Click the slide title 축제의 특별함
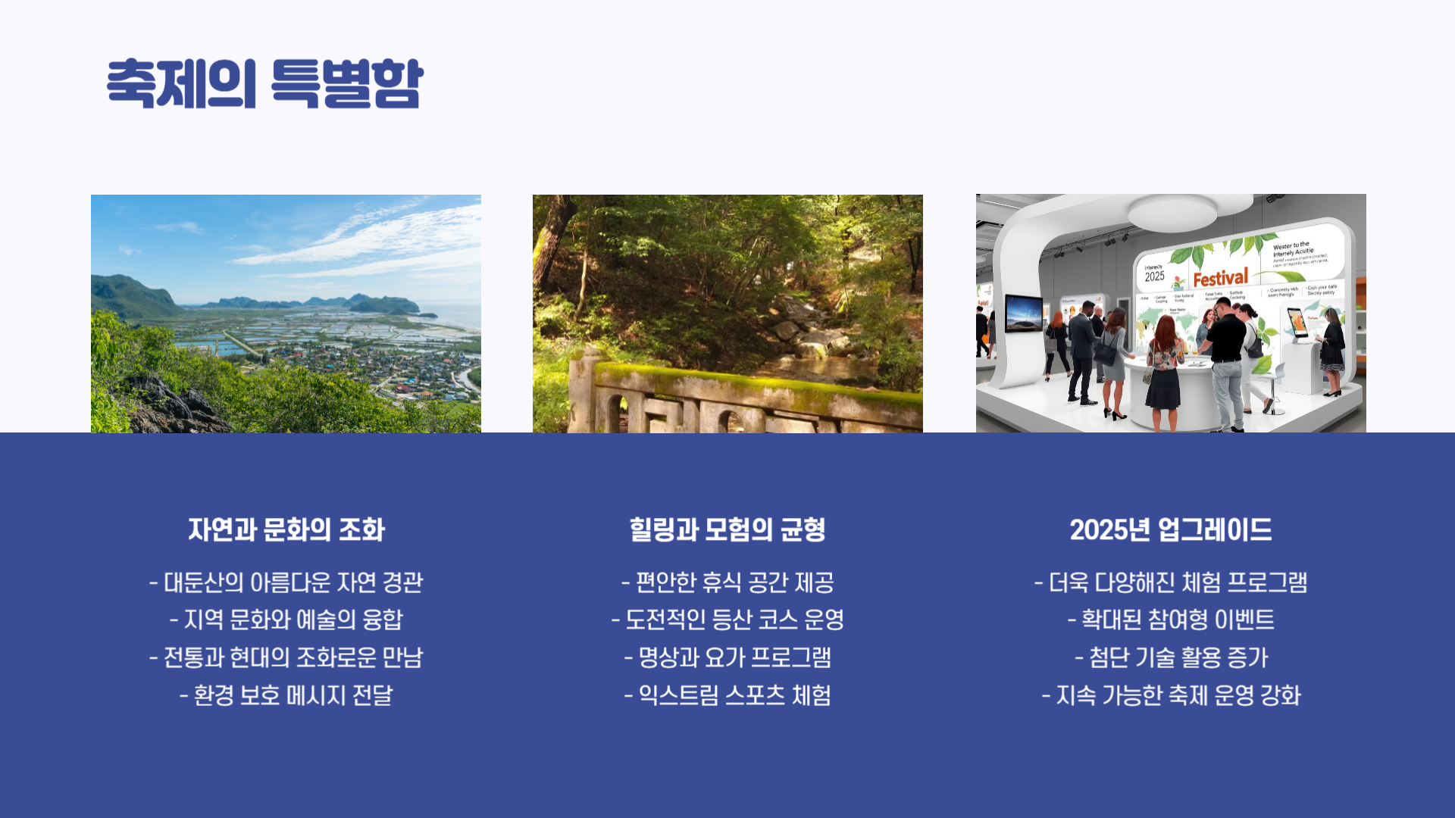click(x=264, y=83)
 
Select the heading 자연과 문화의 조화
click(x=286, y=529)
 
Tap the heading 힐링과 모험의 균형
click(x=727, y=529)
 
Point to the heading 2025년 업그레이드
click(x=1171, y=529)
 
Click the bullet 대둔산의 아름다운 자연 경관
click(x=286, y=582)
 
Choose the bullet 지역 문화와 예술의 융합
click(x=286, y=620)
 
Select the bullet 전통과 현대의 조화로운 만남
click(x=286, y=657)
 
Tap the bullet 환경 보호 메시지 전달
click(x=286, y=695)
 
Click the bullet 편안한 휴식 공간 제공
click(x=727, y=582)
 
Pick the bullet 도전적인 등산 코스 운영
click(x=727, y=620)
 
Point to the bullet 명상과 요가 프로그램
click(x=727, y=657)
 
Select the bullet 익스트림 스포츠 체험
click(x=727, y=695)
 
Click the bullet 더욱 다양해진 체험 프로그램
click(x=1171, y=582)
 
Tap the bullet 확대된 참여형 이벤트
click(x=1171, y=620)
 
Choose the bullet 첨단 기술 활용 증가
click(x=1171, y=657)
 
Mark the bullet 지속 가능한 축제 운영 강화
click(x=1171, y=695)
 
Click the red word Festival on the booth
click(x=1220, y=278)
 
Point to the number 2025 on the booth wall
click(x=1154, y=276)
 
